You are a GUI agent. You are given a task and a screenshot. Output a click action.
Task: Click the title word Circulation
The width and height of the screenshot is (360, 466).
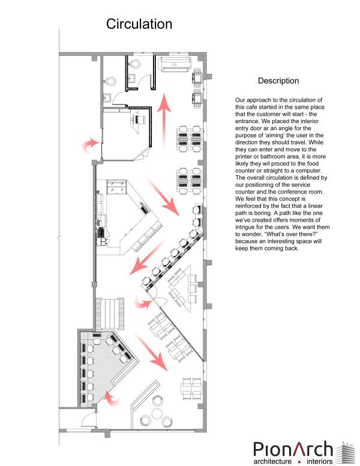pyautogui.click(x=139, y=24)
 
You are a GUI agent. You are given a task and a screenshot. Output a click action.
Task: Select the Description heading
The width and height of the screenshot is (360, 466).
pyautogui.click(x=278, y=80)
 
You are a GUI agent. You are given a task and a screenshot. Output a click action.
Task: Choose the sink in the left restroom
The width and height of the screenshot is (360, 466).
pyautogui.click(x=107, y=97)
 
